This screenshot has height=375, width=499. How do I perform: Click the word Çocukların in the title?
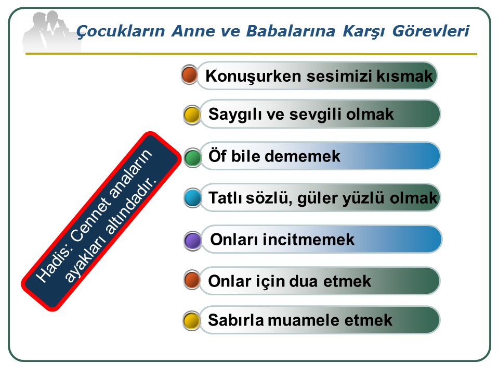[121, 31]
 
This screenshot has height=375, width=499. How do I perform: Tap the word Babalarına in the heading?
[291, 31]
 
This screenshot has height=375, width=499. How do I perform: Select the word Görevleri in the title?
[430, 31]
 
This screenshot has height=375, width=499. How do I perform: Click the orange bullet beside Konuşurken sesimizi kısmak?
[189, 74]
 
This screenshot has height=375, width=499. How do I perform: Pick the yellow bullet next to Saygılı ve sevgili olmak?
[192, 115]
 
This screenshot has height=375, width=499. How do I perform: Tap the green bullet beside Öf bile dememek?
[192, 157]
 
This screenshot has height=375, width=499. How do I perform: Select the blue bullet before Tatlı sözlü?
[192, 198]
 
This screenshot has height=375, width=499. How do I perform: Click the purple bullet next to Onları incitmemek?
[192, 240]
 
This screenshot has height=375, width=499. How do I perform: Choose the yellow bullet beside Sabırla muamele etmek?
[192, 320]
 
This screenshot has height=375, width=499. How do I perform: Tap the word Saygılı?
[235, 115]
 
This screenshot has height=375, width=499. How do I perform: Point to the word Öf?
[217, 156]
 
